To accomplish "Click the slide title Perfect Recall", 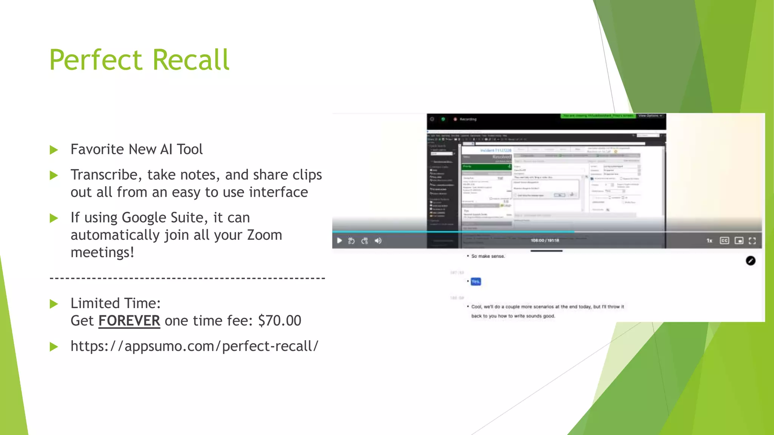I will coord(139,60).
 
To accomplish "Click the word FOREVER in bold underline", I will coord(129,321).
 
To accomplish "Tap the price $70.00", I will coord(280,321).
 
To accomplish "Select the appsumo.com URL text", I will coord(194,346).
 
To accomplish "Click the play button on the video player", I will coord(339,241).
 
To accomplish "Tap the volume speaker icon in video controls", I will coord(378,241).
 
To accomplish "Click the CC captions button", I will coord(724,241).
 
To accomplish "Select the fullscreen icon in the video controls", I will coord(752,241).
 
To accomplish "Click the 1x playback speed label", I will coord(709,241).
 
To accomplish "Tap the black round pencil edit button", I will coord(751,261).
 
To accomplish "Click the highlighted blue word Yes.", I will coord(475,281).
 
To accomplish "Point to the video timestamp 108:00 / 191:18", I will coord(545,241).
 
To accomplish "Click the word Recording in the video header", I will coord(468,119).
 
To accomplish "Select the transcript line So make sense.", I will coord(488,256).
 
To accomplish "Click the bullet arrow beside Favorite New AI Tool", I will coord(54,150).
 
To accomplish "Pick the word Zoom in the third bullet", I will coord(264,235).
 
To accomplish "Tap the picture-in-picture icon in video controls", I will coord(739,241).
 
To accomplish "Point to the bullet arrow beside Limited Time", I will coord(54,304).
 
